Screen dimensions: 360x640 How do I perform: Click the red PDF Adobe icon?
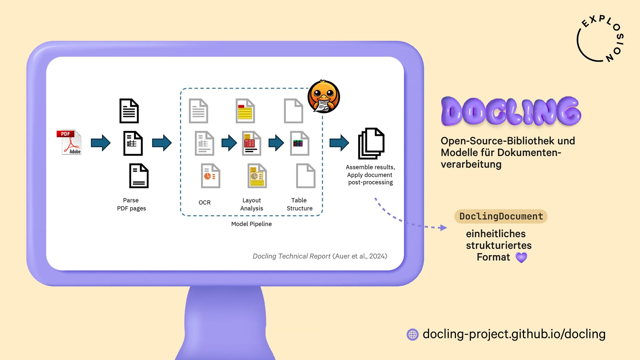click(69, 142)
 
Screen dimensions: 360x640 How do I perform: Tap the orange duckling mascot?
click(323, 97)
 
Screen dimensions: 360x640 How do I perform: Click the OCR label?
click(204, 203)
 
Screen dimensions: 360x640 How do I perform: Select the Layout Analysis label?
click(252, 204)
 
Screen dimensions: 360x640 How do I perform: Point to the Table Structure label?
click(299, 204)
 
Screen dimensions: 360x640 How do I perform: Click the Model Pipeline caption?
click(251, 224)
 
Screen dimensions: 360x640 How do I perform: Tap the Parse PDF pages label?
click(131, 204)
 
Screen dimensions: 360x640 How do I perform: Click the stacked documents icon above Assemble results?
click(371, 143)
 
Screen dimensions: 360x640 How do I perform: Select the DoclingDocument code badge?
click(501, 216)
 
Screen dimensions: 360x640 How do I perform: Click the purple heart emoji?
click(521, 257)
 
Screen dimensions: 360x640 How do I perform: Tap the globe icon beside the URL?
click(413, 334)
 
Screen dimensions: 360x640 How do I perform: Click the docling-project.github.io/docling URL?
click(514, 334)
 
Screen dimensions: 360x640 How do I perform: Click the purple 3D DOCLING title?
click(511, 111)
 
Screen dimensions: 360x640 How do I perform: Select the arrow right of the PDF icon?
click(101, 143)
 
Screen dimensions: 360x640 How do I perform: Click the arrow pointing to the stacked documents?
click(339, 143)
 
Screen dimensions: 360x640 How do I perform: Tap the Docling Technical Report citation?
click(320, 256)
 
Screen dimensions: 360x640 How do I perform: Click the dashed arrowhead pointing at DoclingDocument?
click(443, 228)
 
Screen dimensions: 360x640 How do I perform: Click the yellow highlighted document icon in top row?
click(245, 111)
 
